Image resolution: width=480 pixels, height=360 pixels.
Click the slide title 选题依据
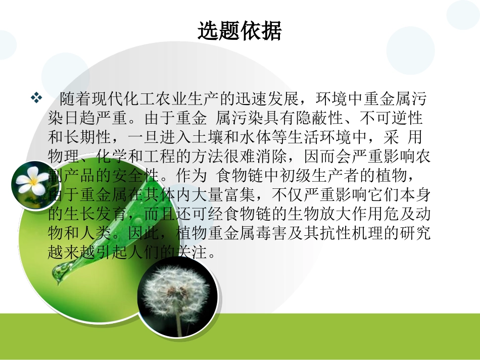(x=239, y=32)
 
